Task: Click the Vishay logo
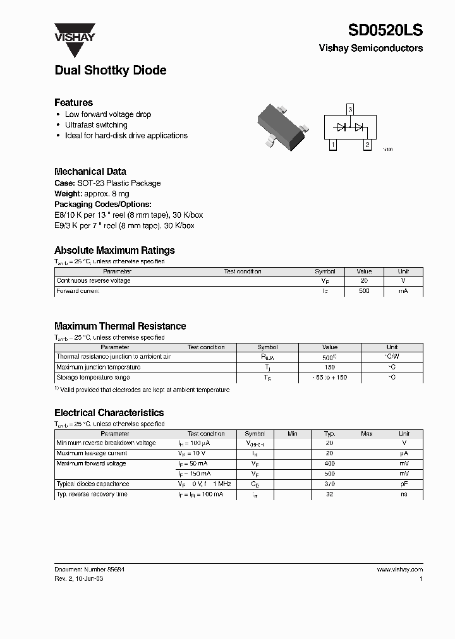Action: [x=74, y=32]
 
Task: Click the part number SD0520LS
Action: [x=385, y=30]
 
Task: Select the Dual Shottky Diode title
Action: [x=111, y=71]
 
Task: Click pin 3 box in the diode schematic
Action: [x=350, y=110]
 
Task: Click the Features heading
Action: [x=73, y=102]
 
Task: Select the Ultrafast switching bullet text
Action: [x=96, y=125]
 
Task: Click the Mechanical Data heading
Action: [x=90, y=171]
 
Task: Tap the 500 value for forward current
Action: [x=364, y=291]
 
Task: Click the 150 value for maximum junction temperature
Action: [x=330, y=367]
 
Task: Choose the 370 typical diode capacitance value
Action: [x=329, y=484]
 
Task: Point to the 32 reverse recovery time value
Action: [x=329, y=494]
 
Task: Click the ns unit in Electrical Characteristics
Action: [x=404, y=494]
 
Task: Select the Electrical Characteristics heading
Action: [x=109, y=413]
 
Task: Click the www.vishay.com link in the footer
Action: [x=400, y=570]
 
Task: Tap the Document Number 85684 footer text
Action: [x=89, y=570]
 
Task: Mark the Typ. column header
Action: [x=329, y=434]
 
